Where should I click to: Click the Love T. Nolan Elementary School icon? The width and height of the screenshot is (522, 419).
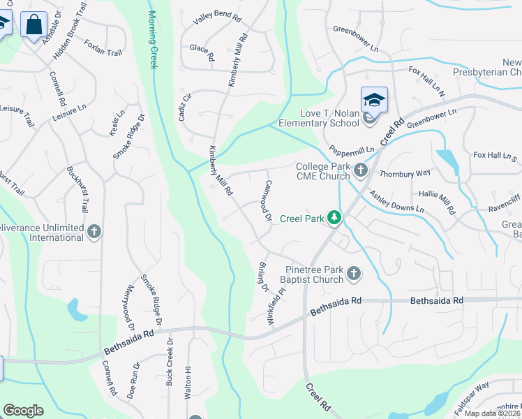(x=374, y=100)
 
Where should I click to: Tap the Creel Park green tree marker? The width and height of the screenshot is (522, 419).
(x=335, y=219)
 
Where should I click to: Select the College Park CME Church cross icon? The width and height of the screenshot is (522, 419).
(x=361, y=170)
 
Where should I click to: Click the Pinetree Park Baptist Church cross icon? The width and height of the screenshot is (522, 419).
(x=354, y=273)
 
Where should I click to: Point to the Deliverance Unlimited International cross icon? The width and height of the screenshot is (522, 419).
(x=95, y=231)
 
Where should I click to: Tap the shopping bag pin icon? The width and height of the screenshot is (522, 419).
(x=33, y=25)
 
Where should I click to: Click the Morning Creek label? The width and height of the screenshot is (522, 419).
(x=153, y=40)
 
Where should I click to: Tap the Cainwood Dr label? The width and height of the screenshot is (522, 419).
(x=268, y=201)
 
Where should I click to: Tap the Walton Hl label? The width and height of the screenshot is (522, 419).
(x=188, y=383)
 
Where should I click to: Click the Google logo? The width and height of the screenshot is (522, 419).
(x=23, y=410)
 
